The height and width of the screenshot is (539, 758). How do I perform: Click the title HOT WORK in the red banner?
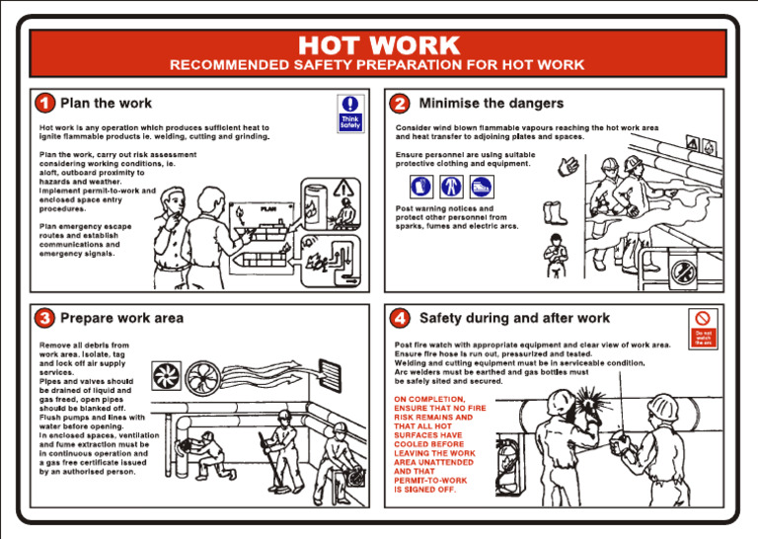(378, 45)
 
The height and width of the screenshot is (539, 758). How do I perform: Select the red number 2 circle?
(400, 104)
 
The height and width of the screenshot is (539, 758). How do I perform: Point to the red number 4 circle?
(400, 319)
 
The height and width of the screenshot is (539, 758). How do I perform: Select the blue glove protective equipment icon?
(421, 186)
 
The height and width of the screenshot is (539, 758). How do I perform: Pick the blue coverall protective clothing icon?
(452, 186)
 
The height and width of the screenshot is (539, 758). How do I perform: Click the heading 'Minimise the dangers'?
(491, 104)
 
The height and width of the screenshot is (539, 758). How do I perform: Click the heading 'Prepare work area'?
(121, 319)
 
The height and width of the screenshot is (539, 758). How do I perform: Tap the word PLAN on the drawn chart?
(268, 209)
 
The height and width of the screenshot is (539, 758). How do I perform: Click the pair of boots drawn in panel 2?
(556, 213)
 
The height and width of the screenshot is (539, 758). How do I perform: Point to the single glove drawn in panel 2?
(567, 167)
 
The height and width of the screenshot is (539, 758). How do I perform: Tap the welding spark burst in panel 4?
(595, 403)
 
